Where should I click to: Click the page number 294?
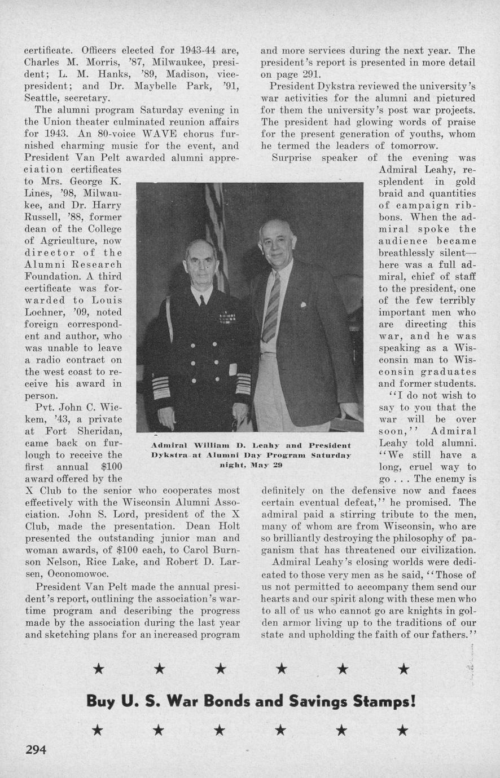36,749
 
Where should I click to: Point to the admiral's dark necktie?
202,300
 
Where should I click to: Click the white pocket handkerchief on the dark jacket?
303,304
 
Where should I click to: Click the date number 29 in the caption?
278,466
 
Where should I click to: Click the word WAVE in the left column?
149,134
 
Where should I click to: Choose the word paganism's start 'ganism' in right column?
282,550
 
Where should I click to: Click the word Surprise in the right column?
291,158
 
